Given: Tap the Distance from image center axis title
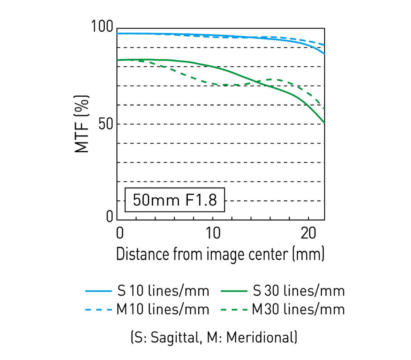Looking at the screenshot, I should click(x=220, y=253).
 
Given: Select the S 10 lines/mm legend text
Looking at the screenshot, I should click(x=163, y=291).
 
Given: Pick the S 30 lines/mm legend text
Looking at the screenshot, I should click(x=299, y=291).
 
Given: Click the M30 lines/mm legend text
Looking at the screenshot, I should click(x=298, y=309).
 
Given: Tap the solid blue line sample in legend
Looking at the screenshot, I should click(x=98, y=291).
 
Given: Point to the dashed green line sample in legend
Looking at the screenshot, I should click(x=234, y=309).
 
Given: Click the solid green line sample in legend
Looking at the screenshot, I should click(x=234, y=291).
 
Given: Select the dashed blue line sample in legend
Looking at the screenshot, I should click(x=98, y=309).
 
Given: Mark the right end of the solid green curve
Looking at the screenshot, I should click(x=324, y=123).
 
